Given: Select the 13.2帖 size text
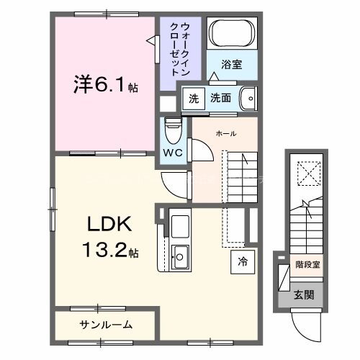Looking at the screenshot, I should coord(110,252).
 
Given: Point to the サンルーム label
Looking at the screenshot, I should coord(106,325).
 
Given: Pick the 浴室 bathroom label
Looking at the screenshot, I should coord(232,64).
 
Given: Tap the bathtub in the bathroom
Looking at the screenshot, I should coord(231,34).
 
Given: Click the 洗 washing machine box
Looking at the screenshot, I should coord(192,98).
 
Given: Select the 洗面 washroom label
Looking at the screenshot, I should coord(221,98).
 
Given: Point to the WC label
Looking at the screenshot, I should coord(174,153).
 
